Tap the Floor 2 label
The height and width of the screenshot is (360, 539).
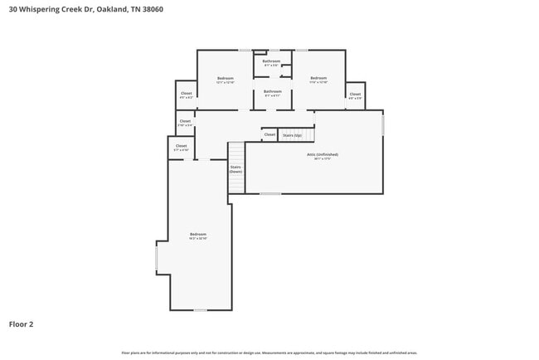pos(21,324)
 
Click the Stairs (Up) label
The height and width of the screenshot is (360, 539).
pos(292,134)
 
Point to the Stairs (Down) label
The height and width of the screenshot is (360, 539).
pos(236,168)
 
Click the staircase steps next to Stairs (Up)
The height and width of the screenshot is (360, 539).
pos(308,134)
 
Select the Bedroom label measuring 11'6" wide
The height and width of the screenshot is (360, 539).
pos(318,80)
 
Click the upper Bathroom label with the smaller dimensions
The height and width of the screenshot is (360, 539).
pos(272,62)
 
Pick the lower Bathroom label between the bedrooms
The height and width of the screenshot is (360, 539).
pos(273,92)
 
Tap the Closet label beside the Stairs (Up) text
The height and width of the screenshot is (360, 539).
pos(269,134)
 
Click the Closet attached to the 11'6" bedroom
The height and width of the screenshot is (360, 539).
pos(355,95)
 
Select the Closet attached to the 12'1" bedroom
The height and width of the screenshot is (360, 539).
pos(186,95)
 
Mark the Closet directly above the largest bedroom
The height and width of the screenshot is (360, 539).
pos(181,147)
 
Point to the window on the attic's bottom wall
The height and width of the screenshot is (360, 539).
pos(269,193)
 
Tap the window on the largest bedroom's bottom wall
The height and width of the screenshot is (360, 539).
pos(199,310)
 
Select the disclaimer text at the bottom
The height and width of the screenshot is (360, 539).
pos(269,353)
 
